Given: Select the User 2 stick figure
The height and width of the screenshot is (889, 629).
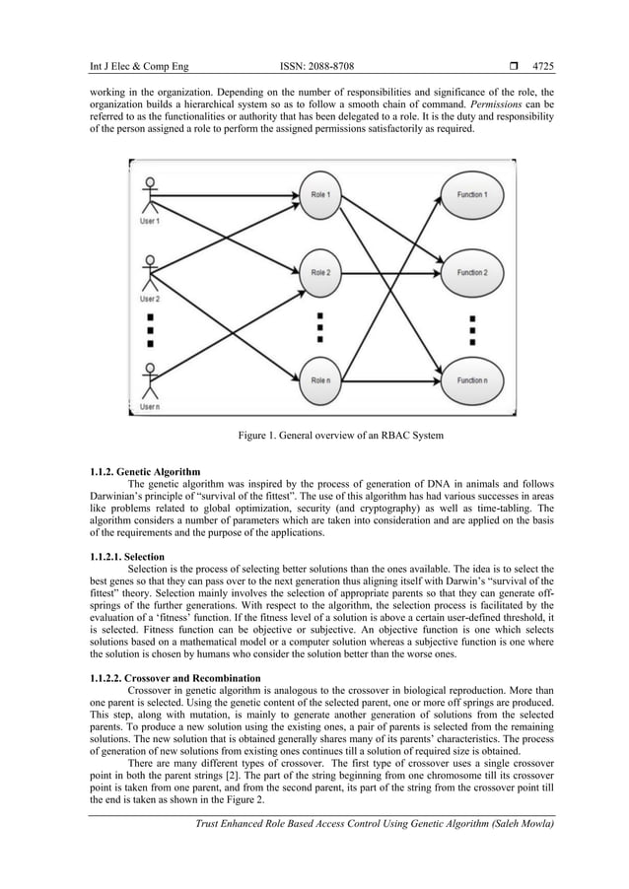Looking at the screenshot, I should tap(151, 273).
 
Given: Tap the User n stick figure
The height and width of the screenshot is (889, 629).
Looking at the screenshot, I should tap(151, 380).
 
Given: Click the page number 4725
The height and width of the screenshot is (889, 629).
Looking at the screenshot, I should tap(543, 67).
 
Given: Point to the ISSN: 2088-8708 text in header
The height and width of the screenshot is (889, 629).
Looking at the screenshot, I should tap(316, 67).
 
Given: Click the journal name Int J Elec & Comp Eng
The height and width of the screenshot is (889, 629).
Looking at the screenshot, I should tap(139, 67).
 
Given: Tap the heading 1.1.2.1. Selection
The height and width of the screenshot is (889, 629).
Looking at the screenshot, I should tap(126, 557).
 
